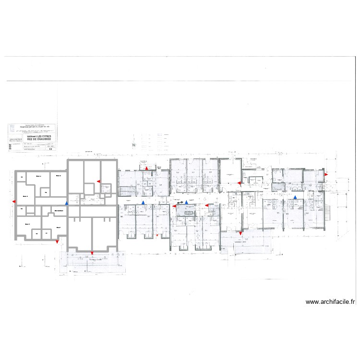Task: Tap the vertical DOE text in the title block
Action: click(x=10, y=147)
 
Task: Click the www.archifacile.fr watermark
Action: click(x=330, y=302)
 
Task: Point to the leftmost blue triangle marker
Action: click(x=67, y=204)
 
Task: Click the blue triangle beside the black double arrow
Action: click(x=187, y=203)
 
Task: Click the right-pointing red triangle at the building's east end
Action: click(x=325, y=175)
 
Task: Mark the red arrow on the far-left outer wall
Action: click(x=13, y=202)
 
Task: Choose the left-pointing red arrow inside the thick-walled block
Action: click(x=98, y=181)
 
